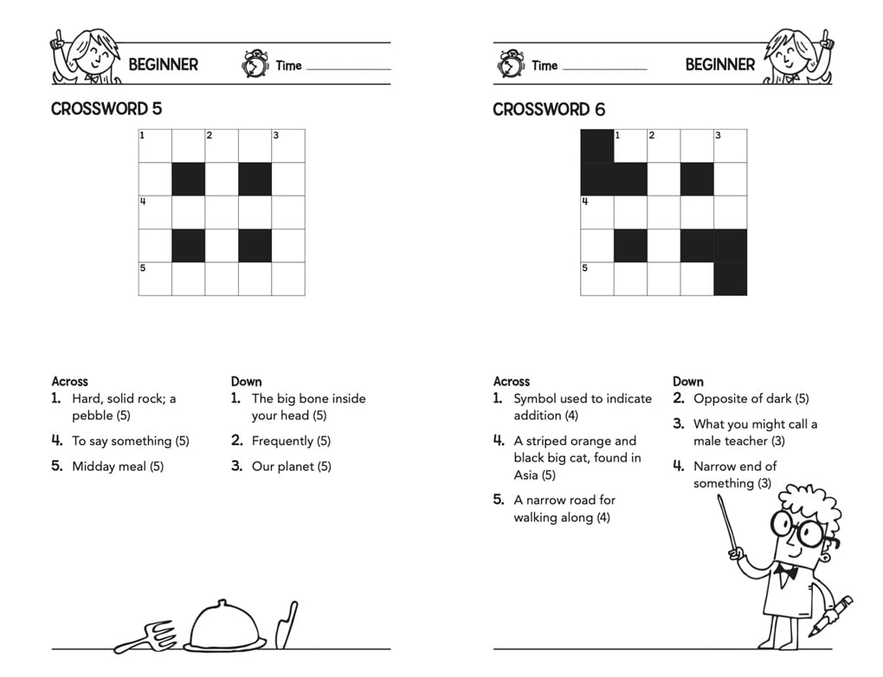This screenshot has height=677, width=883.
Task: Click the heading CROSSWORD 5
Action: pos(106,109)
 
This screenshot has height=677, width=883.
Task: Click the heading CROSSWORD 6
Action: pos(549,109)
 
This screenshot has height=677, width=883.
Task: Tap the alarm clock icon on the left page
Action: pos(255,64)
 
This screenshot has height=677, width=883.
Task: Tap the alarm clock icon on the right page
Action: pos(511,64)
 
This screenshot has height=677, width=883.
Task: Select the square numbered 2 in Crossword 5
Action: pos(222,145)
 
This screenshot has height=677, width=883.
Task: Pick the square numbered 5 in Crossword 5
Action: pos(155,279)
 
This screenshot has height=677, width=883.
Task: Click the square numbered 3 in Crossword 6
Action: pos(730,145)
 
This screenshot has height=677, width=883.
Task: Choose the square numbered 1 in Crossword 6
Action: pos(630,145)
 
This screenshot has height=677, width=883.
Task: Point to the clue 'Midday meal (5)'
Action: pos(118,467)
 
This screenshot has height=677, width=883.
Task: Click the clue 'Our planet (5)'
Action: pos(291,467)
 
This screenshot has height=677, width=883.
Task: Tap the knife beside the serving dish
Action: pos(286,625)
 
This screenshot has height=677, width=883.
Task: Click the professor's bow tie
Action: pos(786,571)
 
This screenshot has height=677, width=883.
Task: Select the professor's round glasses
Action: pos(796,528)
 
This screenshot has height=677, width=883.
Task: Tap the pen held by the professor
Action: pos(832,615)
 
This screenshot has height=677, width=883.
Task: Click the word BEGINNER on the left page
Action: pos(163,64)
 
